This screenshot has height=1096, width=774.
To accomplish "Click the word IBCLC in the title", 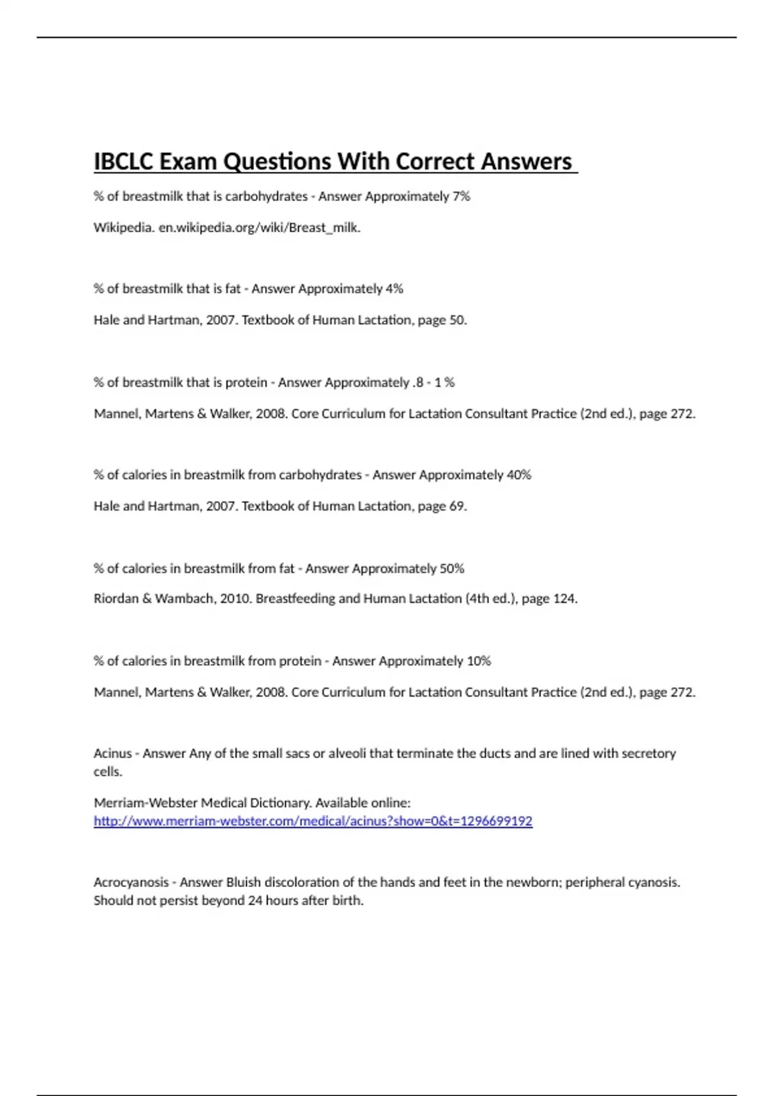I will tap(123, 161).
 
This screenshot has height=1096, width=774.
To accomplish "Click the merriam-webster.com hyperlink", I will tap(313, 821).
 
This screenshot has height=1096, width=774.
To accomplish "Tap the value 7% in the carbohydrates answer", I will tap(461, 196).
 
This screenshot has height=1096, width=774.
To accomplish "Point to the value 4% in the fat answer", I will tap(394, 289).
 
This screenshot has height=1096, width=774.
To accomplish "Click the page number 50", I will tap(457, 320).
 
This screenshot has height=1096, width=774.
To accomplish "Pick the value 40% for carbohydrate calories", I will tap(519, 475).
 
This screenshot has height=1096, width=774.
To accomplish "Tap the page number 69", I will tap(457, 506).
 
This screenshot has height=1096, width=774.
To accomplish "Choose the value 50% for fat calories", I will tap(451, 569).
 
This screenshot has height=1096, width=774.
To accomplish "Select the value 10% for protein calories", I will tap(479, 661).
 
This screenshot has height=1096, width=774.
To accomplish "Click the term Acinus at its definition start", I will tap(113, 753).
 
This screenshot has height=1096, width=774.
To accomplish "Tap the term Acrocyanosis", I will tap(131, 882).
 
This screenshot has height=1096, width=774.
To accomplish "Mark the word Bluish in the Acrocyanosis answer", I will tap(244, 882).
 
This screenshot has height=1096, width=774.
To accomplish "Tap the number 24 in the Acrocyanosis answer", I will tap(255, 901).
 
